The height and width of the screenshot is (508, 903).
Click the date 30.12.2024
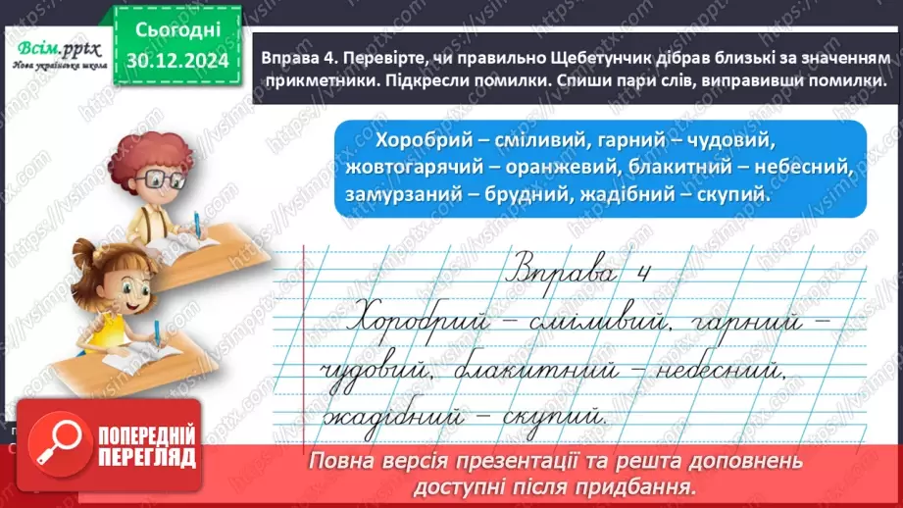tap(173, 61)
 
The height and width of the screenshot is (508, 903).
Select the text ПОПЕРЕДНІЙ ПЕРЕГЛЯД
tap(140, 446)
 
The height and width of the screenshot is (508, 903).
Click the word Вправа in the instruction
tap(289, 59)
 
